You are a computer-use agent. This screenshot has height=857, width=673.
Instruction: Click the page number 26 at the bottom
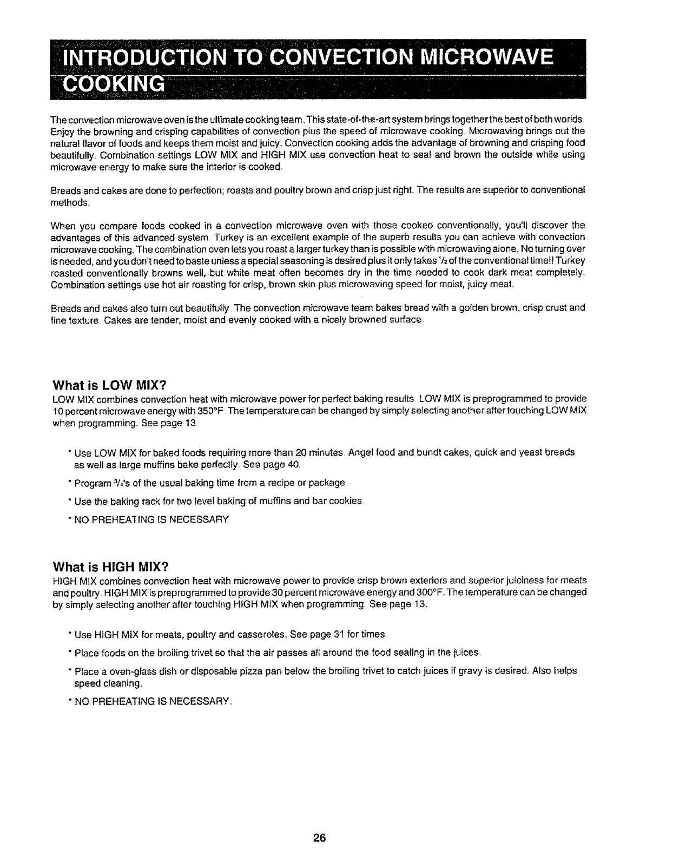[x=319, y=838]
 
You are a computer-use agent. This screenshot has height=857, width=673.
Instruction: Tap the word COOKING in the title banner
[x=114, y=84]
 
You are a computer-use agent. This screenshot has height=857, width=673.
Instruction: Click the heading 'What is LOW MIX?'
[x=108, y=385]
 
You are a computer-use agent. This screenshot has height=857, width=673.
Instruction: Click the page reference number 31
[x=337, y=634]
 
